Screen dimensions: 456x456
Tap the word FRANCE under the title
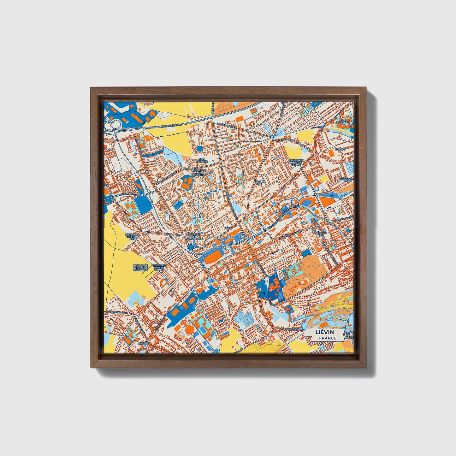pos(327,338)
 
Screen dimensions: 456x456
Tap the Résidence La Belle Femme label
pos(296,162)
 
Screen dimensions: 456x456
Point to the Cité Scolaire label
pos(342,121)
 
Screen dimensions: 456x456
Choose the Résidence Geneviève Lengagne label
pos(140,268)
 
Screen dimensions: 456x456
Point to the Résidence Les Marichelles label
pos(194,236)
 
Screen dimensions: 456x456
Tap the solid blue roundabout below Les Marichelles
pos(191,247)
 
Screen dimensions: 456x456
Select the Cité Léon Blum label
pos(320,234)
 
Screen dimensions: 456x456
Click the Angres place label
pos(143,343)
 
